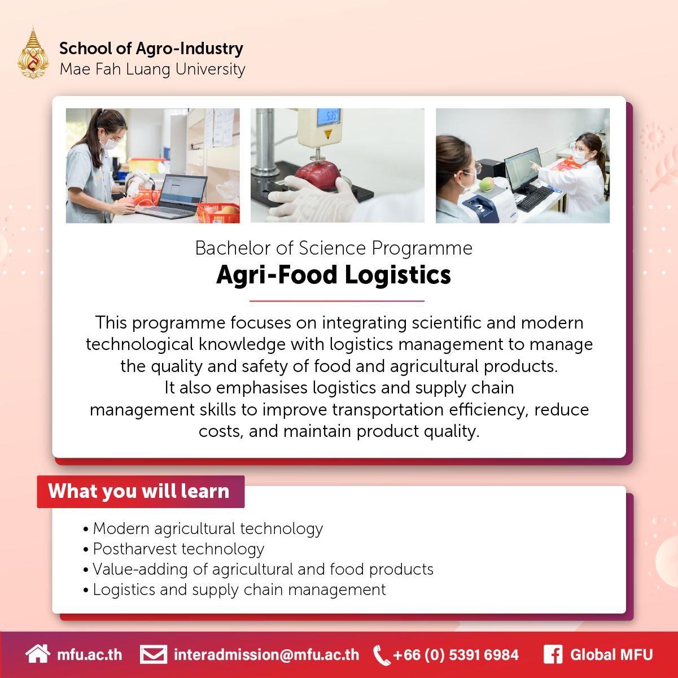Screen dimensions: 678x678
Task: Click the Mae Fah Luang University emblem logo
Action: pos(33,53)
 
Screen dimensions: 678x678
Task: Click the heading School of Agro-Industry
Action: pos(151,49)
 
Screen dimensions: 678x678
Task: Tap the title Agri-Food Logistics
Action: pos(333,275)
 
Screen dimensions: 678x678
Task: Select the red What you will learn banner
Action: pos(141,491)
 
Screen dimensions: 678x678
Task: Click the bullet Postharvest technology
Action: pos(178,549)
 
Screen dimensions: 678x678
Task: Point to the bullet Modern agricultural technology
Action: pos(207,528)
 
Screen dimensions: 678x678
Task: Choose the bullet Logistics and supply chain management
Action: pos(239,589)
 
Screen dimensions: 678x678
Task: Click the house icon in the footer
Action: pos(37,654)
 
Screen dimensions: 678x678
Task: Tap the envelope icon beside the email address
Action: pos(153,655)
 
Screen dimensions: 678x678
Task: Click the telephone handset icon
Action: pos(382,655)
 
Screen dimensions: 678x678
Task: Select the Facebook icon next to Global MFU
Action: pos(553,655)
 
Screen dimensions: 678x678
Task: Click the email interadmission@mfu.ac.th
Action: pos(266,655)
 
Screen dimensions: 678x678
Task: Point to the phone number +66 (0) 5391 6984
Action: pos(455,655)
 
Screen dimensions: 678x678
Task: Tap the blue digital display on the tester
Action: pos(327,117)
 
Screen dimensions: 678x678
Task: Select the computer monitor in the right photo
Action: pos(522,167)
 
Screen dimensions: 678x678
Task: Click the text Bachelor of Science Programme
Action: pos(333,248)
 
